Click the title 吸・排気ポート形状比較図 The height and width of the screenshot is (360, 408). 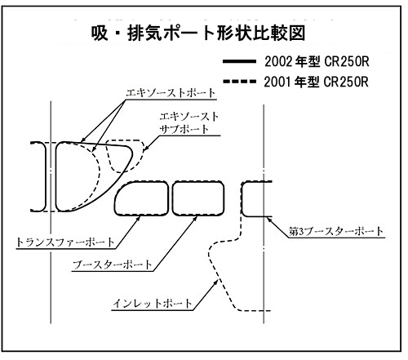click(x=198, y=33)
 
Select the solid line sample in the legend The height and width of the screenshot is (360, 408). click(x=239, y=61)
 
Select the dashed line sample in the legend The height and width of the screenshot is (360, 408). click(x=239, y=82)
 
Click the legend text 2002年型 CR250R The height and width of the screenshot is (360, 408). click(x=317, y=62)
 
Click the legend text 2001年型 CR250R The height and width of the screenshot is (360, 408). click(x=317, y=82)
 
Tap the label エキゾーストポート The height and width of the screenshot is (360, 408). click(x=171, y=93)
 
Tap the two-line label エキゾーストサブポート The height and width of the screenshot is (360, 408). click(x=188, y=122)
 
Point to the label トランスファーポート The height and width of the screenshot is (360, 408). click(x=65, y=242)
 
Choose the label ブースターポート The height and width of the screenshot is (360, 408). click(x=113, y=264)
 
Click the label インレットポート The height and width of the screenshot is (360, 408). click(x=153, y=304)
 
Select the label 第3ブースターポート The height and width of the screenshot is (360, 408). click(x=336, y=232)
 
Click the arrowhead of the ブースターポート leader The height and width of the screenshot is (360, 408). click(x=195, y=218)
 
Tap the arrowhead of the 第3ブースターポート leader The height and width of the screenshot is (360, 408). click(x=269, y=220)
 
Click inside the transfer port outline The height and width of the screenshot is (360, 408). click(x=142, y=198)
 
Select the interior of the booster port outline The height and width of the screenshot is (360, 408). click(x=198, y=198)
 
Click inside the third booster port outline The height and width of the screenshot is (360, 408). click(x=255, y=199)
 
